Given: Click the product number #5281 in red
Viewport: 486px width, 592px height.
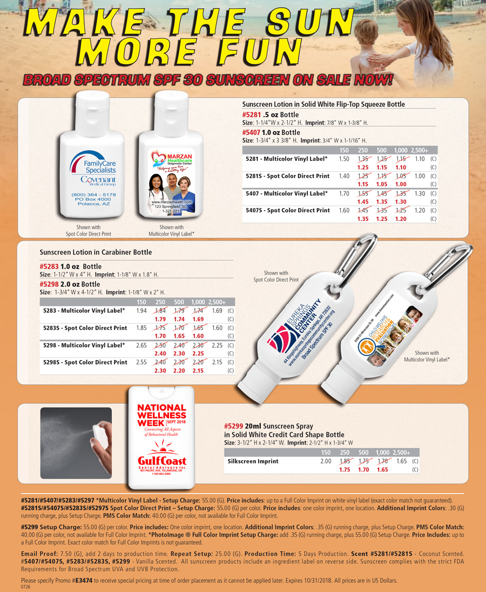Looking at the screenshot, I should (252, 115).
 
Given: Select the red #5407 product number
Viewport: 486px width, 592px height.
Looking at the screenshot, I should (252, 132).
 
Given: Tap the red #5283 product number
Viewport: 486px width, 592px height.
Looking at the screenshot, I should (50, 267).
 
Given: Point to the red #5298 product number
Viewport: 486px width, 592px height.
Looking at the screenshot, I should (50, 284).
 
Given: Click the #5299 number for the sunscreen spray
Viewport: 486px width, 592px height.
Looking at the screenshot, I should (233, 426).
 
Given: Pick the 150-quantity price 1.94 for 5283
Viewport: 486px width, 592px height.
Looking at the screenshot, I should (141, 311).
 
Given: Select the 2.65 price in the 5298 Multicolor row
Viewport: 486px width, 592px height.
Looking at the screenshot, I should (141, 345).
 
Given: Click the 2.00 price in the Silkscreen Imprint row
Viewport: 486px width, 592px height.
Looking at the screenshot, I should (326, 462).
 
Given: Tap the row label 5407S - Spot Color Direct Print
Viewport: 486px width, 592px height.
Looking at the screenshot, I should (287, 210).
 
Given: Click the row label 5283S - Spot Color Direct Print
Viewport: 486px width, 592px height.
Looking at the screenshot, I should (85, 328).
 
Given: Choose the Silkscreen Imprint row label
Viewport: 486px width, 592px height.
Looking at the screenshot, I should (253, 462).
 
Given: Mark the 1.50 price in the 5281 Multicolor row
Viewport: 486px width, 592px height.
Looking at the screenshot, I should (343, 159).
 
